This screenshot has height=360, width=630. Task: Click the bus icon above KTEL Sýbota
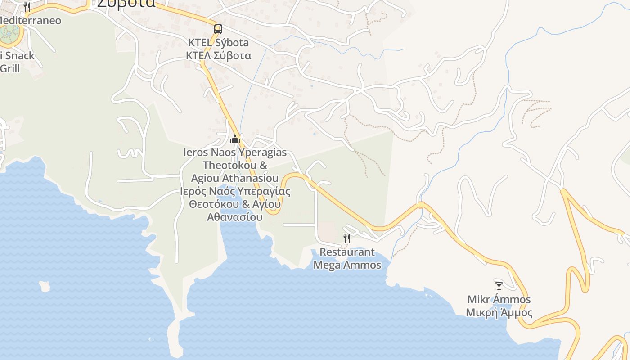(x=218, y=29)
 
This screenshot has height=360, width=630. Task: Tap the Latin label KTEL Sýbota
(x=218, y=43)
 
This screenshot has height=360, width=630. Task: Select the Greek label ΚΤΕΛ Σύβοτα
(x=218, y=56)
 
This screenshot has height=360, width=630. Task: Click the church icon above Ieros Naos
(x=234, y=139)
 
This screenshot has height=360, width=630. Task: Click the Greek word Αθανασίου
(x=234, y=217)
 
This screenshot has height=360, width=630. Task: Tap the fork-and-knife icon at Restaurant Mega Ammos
(x=347, y=238)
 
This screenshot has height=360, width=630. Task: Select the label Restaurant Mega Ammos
(x=347, y=258)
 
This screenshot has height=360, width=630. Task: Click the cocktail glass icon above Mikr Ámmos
(x=499, y=286)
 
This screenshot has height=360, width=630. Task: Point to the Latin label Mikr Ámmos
(x=499, y=299)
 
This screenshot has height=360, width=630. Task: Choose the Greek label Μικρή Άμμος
(x=499, y=313)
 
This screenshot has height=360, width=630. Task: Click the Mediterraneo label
(x=31, y=21)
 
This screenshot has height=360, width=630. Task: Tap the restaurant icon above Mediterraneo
(x=27, y=7)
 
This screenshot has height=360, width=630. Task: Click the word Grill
(x=10, y=68)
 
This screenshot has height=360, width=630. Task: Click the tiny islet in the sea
(x=44, y=286)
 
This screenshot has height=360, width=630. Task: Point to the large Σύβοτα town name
(x=126, y=4)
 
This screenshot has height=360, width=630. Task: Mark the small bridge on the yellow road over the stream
(x=421, y=205)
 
